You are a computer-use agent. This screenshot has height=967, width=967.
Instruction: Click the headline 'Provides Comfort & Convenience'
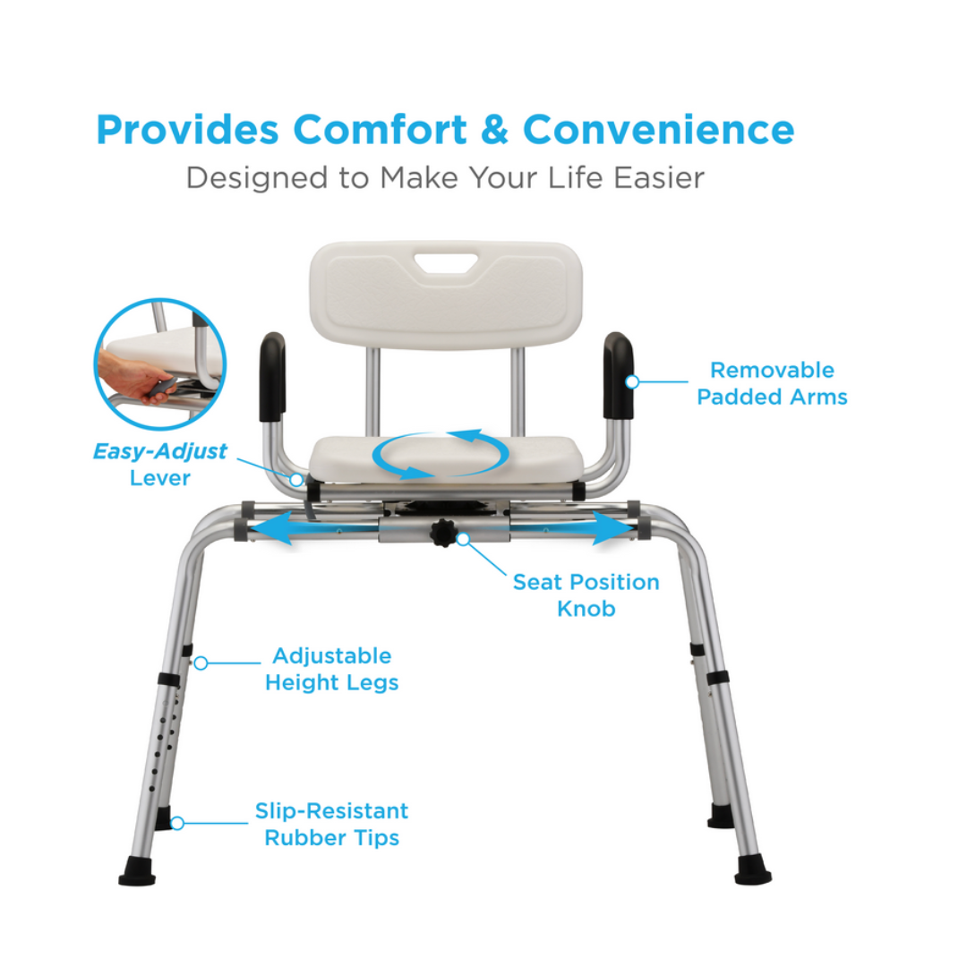(445, 130)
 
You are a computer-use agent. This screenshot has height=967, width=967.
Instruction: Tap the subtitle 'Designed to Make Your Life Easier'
(445, 178)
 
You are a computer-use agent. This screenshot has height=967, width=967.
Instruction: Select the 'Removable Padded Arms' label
(772, 383)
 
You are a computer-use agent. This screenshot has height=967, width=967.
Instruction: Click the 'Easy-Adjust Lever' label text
(159, 465)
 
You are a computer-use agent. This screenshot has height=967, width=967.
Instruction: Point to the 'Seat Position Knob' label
(586, 595)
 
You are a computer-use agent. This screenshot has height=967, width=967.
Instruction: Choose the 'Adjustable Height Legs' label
(332, 669)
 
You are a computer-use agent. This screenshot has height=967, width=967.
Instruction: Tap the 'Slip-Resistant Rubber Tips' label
(332, 824)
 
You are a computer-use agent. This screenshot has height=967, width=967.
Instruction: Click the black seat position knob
(442, 532)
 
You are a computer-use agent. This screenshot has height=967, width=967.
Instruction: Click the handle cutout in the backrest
(446, 262)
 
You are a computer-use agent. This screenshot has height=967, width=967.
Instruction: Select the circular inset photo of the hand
(160, 364)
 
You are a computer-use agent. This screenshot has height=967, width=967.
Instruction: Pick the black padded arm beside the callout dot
(618, 375)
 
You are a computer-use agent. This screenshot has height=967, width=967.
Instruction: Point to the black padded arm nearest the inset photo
(272, 376)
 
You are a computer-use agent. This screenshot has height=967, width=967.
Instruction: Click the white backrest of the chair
(446, 295)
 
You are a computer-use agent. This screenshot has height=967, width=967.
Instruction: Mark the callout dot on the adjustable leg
(201, 663)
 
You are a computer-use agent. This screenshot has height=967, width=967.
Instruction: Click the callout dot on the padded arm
(632, 382)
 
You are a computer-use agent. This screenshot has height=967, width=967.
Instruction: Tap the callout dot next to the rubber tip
(177, 824)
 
